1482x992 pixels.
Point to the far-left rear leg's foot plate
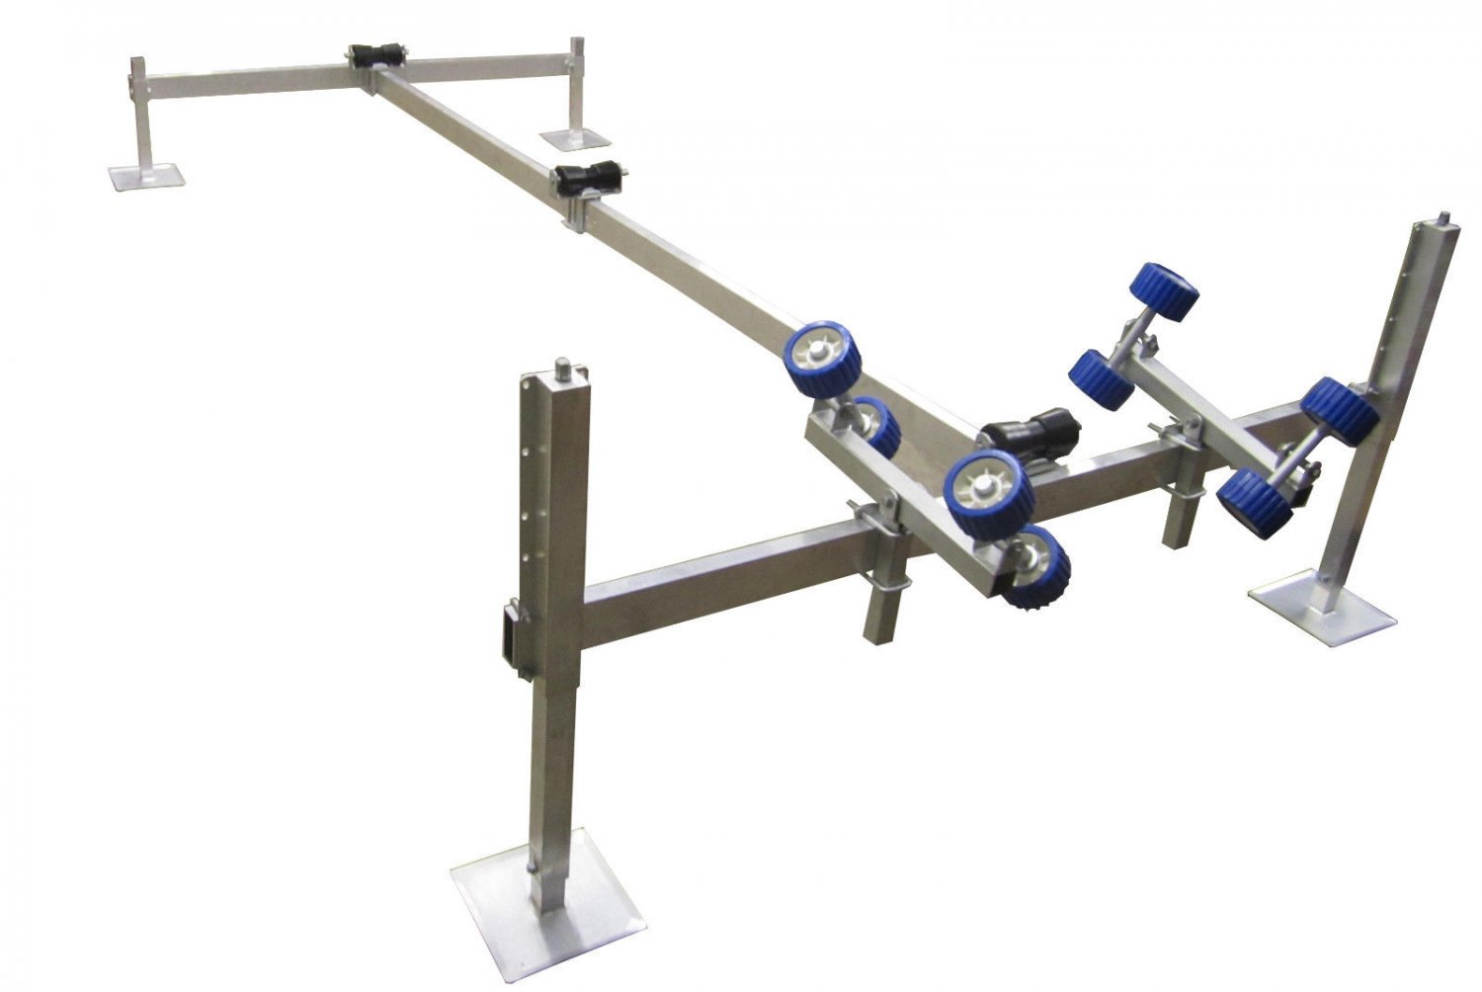(147, 178)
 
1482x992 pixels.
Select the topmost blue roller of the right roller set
(1164, 290)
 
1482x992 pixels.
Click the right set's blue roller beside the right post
(1340, 410)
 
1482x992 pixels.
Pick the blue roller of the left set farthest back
(824, 360)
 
